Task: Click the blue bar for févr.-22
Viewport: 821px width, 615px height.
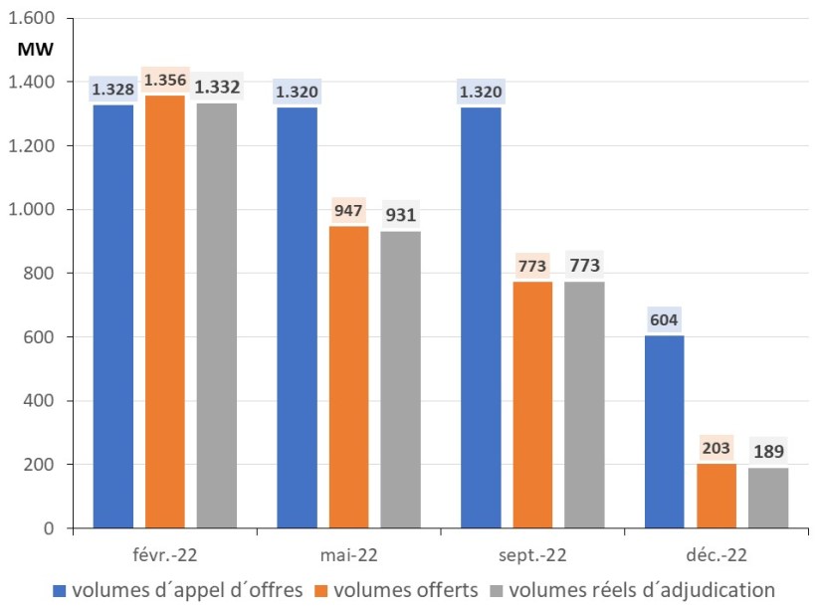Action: (112, 316)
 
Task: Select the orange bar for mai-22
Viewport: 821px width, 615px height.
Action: (348, 377)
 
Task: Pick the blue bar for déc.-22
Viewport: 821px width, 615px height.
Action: (664, 432)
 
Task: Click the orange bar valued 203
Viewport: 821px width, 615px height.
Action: (717, 496)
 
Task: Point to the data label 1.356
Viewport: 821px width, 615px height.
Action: (164, 80)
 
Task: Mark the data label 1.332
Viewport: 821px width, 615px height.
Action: (216, 88)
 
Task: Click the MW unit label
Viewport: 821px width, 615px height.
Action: (35, 48)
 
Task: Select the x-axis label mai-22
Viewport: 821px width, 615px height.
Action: (348, 553)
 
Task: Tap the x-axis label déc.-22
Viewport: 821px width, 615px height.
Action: (717, 553)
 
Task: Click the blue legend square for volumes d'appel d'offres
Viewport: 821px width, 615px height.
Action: (59, 590)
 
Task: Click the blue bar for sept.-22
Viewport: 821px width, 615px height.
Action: (480, 316)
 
